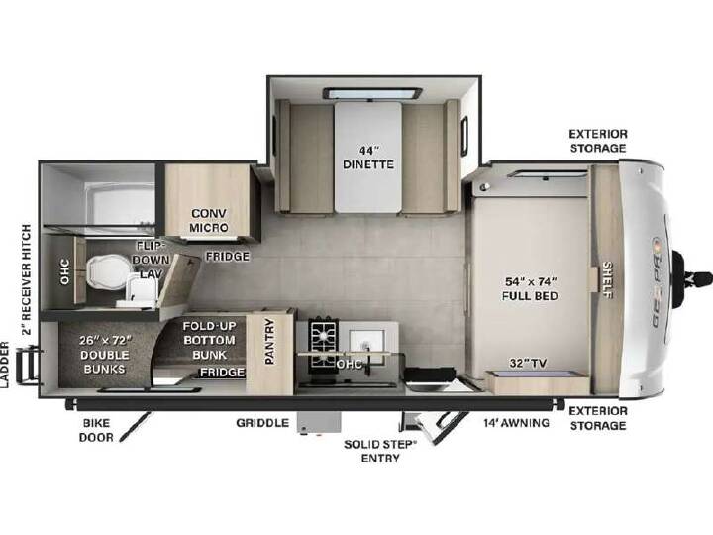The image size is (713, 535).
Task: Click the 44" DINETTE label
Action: [x=367, y=158]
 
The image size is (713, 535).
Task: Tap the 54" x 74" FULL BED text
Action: [x=530, y=289]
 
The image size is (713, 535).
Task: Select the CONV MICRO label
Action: [x=209, y=220]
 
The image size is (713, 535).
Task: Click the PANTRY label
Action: [x=269, y=341]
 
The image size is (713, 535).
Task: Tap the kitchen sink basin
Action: [x=366, y=340]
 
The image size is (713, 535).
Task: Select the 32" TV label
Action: [x=528, y=363]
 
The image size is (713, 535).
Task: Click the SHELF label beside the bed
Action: [x=607, y=279]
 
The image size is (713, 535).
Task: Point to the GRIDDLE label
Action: [x=262, y=423]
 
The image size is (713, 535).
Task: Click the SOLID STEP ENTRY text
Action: [x=380, y=451]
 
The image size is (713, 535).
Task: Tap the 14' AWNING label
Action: [x=516, y=423]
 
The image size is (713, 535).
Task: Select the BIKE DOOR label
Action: [x=96, y=430]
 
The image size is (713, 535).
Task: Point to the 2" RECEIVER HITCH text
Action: [x=27, y=279]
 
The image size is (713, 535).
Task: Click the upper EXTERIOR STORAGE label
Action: [x=598, y=141]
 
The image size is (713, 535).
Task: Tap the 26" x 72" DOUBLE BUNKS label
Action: [x=105, y=355]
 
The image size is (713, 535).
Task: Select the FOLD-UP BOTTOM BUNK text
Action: [x=209, y=340]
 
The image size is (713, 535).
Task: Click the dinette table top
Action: [x=368, y=157]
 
